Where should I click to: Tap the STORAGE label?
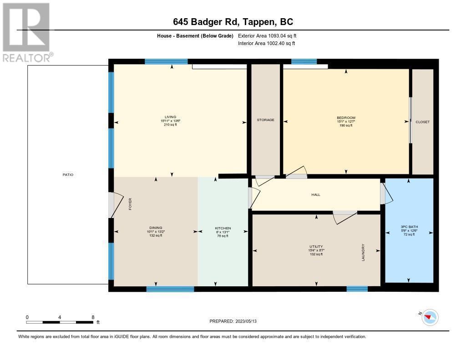[x=265, y=120]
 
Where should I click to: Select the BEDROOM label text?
[x=346, y=118]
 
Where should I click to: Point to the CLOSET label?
[x=422, y=122]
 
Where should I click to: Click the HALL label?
[x=315, y=195]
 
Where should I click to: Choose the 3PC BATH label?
[x=409, y=227]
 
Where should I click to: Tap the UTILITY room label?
[x=316, y=247]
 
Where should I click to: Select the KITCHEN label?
[x=223, y=228]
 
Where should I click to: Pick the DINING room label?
[x=156, y=228]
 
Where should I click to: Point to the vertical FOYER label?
[x=130, y=203]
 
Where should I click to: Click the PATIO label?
[x=68, y=175]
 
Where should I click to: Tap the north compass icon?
[x=430, y=317]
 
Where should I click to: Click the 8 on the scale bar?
[x=93, y=317]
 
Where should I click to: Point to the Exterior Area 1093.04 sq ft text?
[x=267, y=35]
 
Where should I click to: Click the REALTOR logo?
[x=27, y=32]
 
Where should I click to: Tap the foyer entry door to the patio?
[x=112, y=205]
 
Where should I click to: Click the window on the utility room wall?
[x=357, y=289]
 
